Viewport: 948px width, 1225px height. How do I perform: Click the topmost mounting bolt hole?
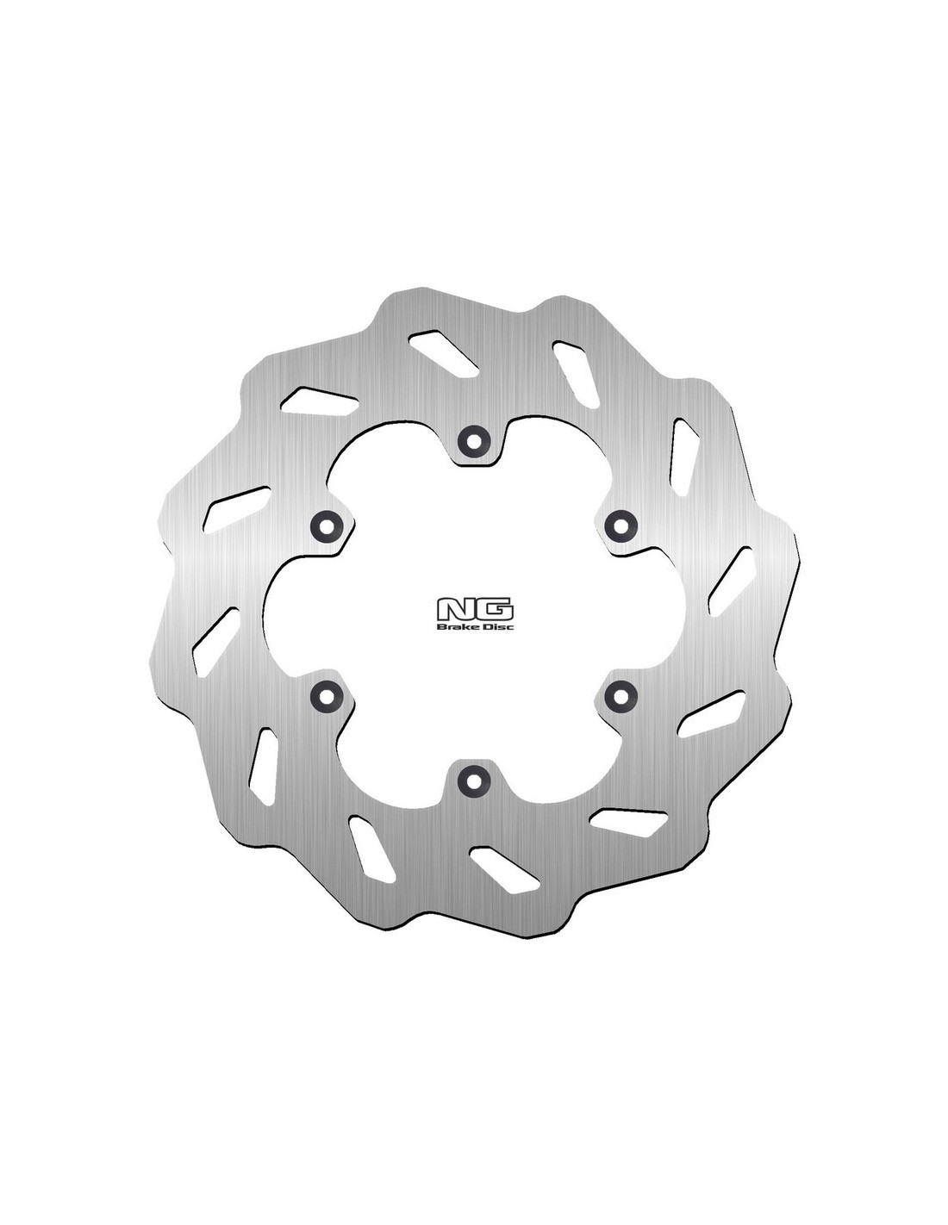tap(472, 438)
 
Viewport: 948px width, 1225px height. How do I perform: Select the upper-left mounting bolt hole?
tap(326, 525)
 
